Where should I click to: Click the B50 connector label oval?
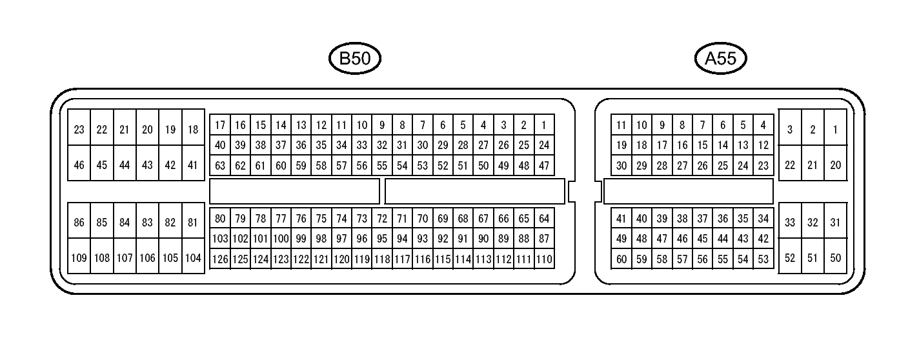pos(354,59)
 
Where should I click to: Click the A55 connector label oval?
pos(720,59)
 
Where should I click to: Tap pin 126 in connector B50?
pos(220,259)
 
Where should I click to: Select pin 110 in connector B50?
pos(544,259)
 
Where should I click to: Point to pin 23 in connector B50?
pos(79,130)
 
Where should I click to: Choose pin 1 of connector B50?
pos(544,125)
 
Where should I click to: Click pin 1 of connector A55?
pos(835,130)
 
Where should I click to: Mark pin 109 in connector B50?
pos(79,258)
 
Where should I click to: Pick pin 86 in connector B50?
pos(79,223)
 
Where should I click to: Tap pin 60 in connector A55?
pos(621,259)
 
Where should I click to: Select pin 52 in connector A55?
pos(790,258)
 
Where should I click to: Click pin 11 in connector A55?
pos(621,125)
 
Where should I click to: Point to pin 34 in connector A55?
pos(763,219)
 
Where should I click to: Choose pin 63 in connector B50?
pos(220,166)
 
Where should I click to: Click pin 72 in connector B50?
pos(382,219)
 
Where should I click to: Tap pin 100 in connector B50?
pos(281,239)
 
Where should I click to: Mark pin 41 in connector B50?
pos(192,165)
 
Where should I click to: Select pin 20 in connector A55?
pos(835,165)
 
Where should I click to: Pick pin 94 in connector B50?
pos(402,239)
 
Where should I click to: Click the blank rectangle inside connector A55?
pos(688,192)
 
